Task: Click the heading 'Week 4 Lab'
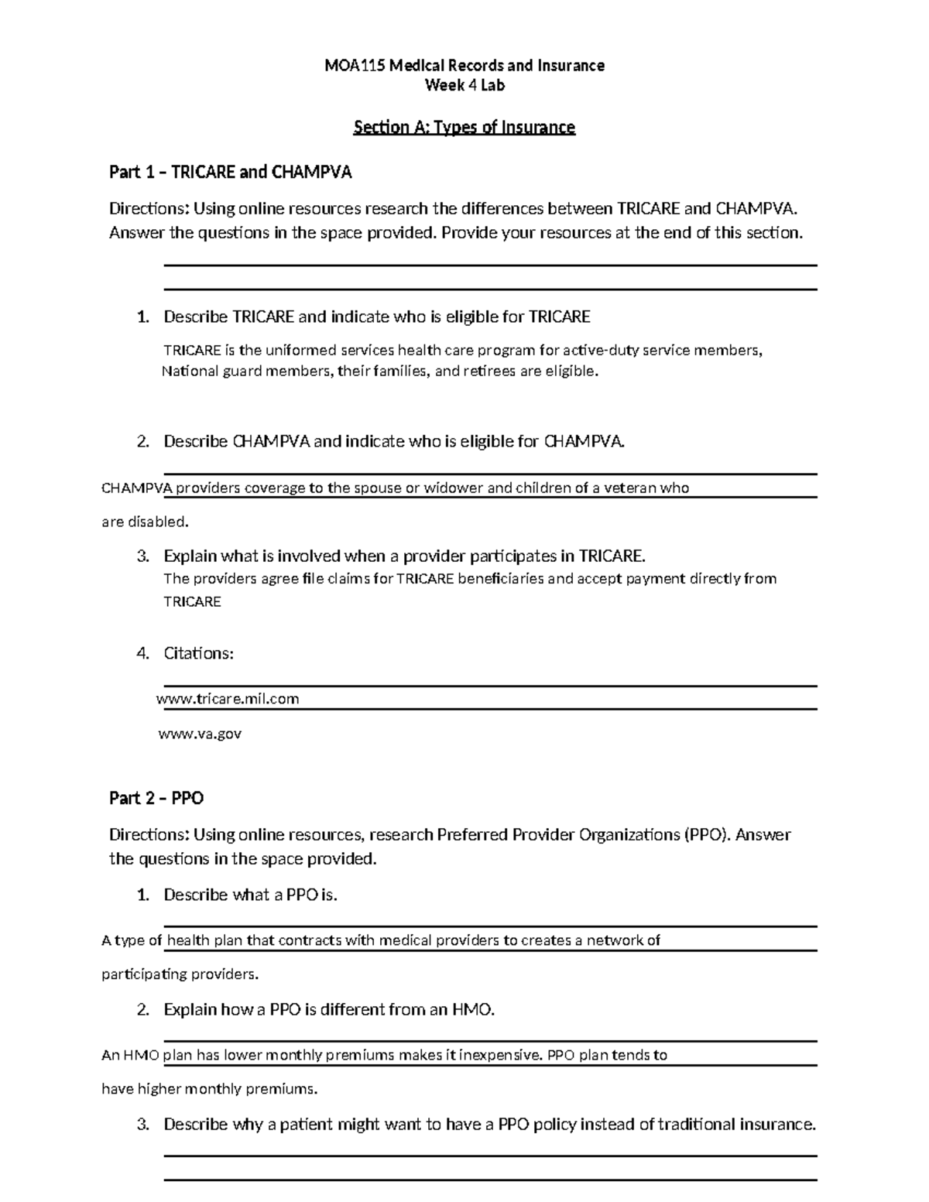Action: pos(464,86)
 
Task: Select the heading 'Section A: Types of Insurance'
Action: pos(464,128)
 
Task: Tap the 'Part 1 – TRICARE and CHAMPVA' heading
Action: pos(230,173)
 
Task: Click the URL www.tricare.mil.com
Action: pos(228,700)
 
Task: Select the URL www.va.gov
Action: pos(200,734)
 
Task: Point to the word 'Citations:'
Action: pos(198,653)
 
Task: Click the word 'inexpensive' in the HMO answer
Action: pos(500,1055)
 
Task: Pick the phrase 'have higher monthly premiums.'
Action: pos(209,1090)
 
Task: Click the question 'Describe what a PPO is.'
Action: pos(251,896)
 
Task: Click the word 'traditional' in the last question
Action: pos(696,1125)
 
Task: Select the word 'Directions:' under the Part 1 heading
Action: pos(148,209)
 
